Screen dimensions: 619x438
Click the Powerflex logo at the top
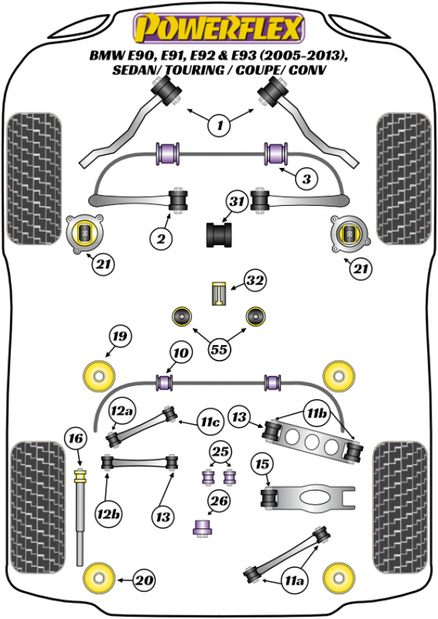[x=218, y=29]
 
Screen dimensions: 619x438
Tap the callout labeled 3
[x=307, y=177]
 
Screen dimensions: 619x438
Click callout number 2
[x=161, y=237]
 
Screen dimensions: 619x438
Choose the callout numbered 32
[x=255, y=280]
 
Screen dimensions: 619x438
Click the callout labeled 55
[x=219, y=350]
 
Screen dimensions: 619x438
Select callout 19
[x=119, y=337]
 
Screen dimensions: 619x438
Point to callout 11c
[x=211, y=421]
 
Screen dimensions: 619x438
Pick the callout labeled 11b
[x=318, y=414]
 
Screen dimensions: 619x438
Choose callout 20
[x=145, y=581]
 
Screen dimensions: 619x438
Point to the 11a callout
[x=294, y=581]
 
